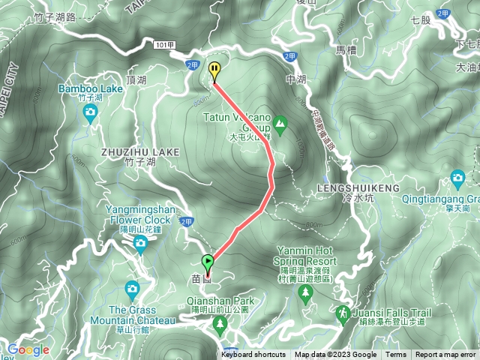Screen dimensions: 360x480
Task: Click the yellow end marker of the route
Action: click(214, 70)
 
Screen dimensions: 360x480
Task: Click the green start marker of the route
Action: click(207, 262)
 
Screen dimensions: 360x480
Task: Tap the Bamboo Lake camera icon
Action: click(90, 113)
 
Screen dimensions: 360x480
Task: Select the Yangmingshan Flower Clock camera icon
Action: click(140, 242)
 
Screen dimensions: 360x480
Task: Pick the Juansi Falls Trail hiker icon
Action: click(343, 311)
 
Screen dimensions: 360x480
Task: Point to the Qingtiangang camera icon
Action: click(457, 179)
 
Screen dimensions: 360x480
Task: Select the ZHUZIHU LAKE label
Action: click(140, 151)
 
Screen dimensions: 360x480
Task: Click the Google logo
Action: click(28, 349)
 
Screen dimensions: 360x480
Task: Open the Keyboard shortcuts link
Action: click(253, 355)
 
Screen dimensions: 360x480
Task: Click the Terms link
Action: click(396, 355)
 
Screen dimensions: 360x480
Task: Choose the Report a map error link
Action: click(446, 355)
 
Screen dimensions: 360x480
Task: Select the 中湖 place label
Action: click(296, 78)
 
